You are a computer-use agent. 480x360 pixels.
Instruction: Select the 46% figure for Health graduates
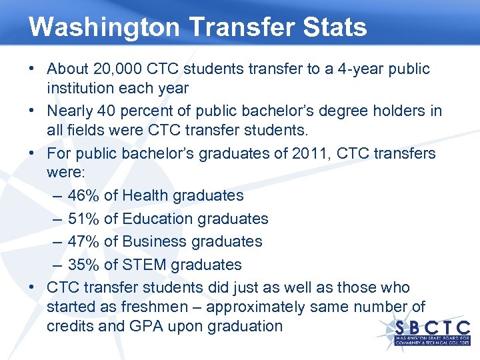coord(81,195)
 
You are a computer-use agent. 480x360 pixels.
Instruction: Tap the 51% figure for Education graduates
coord(81,219)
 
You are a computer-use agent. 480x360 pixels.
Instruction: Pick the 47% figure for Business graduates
coord(81,241)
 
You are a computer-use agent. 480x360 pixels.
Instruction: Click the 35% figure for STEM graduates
coord(81,265)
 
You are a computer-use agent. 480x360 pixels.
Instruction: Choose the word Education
coord(158,219)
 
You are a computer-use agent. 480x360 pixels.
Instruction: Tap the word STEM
coord(143,265)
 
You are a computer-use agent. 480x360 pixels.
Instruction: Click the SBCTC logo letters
coord(433,327)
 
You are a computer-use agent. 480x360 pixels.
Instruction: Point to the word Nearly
coord(69,111)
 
